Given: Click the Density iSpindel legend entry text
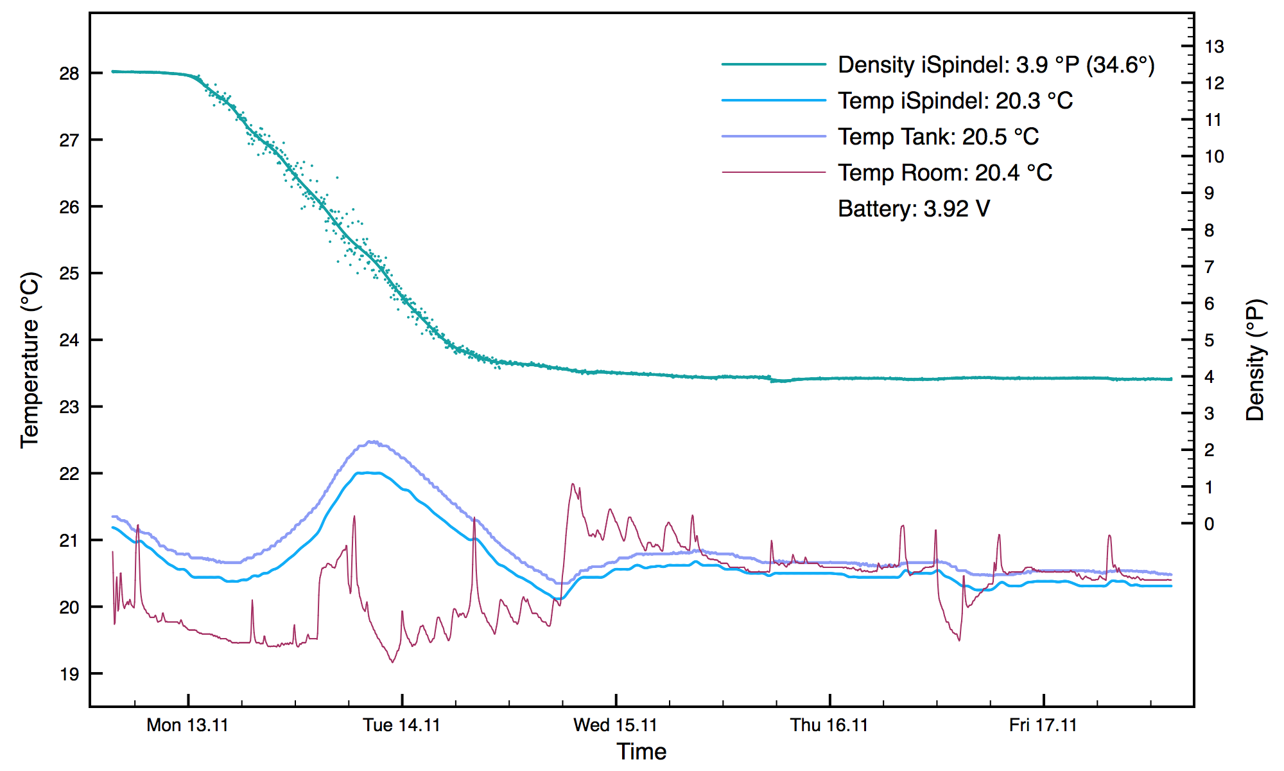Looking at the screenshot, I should (996, 65).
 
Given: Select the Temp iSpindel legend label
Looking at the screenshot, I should (955, 101).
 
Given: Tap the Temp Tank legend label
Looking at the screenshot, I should (938, 137).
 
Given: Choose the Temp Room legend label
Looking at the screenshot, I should (945, 173).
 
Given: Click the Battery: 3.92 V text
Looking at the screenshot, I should (914, 209).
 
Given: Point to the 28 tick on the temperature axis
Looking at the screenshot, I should (69, 74).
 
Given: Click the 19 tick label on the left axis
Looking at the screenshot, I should (69, 674).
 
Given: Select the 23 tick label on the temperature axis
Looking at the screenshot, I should (69, 407).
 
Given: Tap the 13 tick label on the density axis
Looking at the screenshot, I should (1214, 47).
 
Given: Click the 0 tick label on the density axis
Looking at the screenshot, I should (1210, 524).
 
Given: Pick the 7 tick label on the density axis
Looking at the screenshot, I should (1210, 267).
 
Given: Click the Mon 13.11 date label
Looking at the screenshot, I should (187, 725).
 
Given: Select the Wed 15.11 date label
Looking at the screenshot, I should (615, 725).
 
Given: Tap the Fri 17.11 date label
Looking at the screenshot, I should (1043, 725).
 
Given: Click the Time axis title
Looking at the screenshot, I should (641, 752).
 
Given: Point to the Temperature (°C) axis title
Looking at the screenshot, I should (30, 360).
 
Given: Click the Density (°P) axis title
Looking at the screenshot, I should (1255, 360).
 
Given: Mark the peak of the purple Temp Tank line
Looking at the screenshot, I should (371, 441).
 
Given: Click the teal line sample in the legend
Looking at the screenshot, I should (774, 64).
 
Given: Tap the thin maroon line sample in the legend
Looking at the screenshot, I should (774, 172).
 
